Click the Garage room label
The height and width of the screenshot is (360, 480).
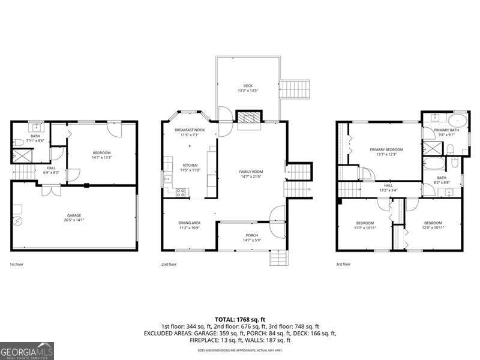(x=74, y=215)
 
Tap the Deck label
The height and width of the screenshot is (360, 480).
(x=248, y=85)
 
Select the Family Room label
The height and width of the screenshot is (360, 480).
(x=251, y=172)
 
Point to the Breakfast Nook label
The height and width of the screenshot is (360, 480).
(x=190, y=130)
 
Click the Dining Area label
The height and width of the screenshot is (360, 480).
(x=189, y=223)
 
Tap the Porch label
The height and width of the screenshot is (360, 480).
(x=252, y=235)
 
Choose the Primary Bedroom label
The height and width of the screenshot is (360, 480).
(x=386, y=149)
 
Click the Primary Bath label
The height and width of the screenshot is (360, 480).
(x=446, y=130)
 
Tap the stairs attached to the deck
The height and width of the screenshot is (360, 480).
(x=295, y=89)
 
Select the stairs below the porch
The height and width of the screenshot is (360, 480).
(x=278, y=258)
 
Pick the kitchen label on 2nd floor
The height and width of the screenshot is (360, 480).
(x=190, y=165)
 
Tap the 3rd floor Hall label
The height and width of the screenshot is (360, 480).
(x=388, y=185)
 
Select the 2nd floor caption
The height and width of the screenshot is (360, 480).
(x=169, y=264)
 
